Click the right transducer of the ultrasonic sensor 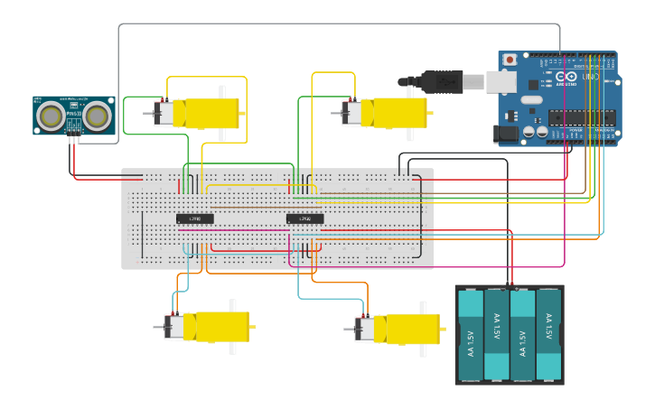[x=97, y=115]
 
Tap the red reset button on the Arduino [x=510, y=60]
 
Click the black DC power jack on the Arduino [x=508, y=134]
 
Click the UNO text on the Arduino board [x=589, y=77]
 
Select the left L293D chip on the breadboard [x=194, y=218]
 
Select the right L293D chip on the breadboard [x=304, y=218]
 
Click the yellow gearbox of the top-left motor [x=211, y=113]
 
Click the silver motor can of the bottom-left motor [x=173, y=326]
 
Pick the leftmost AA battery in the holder [x=471, y=335]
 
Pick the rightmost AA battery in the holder [x=548, y=335]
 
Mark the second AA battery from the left [x=497, y=335]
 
